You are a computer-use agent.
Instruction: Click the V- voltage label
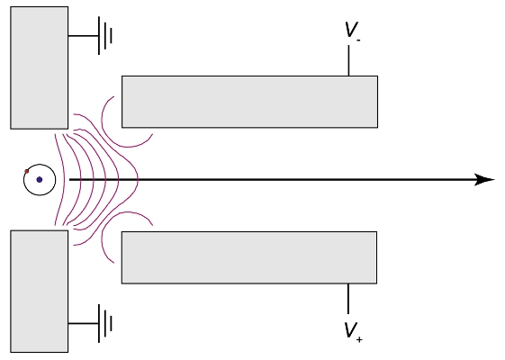pyautogui.click(x=352, y=31)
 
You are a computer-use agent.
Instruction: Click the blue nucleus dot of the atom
pyautogui.click(x=40, y=180)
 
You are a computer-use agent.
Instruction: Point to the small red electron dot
pyautogui.click(x=27, y=171)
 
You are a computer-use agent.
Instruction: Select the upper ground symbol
pyautogui.click(x=105, y=35)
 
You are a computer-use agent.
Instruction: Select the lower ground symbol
pyautogui.click(x=105, y=323)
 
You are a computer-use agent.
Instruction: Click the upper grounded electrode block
pyautogui.click(x=40, y=67)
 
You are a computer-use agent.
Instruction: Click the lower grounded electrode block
pyautogui.click(x=40, y=291)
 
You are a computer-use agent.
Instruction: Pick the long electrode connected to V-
pyautogui.click(x=249, y=102)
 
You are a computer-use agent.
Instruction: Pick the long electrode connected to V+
pyautogui.click(x=249, y=257)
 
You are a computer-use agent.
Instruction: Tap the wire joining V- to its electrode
pyautogui.click(x=348, y=60)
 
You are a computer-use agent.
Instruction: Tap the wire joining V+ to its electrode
pyautogui.click(x=348, y=299)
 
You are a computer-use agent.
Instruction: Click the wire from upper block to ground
pyautogui.click(x=84, y=36)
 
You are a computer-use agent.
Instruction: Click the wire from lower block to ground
pyautogui.click(x=84, y=323)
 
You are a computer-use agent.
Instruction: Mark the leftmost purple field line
pyautogui.click(x=64, y=180)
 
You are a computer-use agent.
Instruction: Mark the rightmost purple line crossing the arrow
pyautogui.click(x=138, y=180)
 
